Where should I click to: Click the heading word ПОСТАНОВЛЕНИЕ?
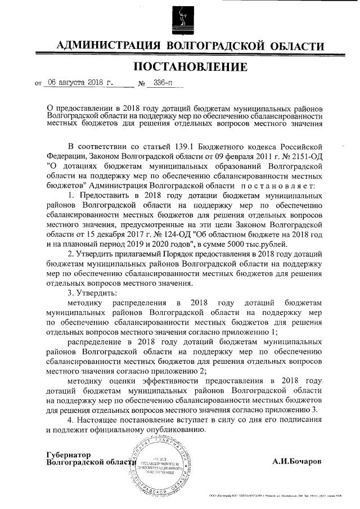(x=190, y=67)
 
